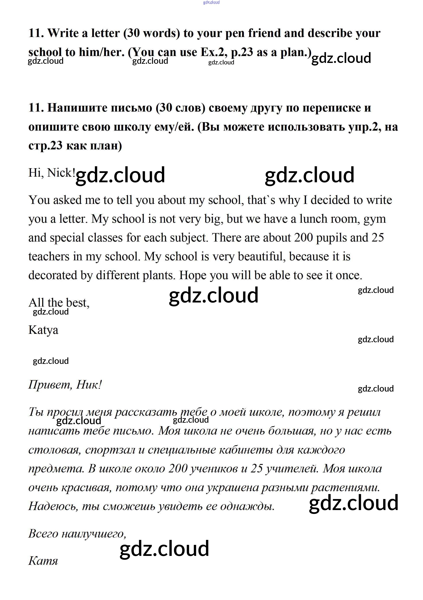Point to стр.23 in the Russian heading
(45, 146)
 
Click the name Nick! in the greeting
(61, 173)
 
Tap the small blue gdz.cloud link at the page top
(211, 2)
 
